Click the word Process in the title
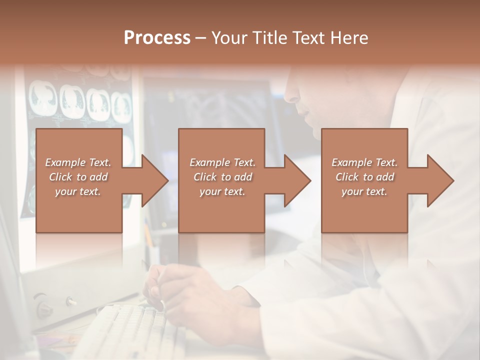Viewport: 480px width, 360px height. point(157,38)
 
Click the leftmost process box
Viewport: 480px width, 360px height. point(79,180)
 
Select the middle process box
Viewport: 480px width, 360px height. point(221,180)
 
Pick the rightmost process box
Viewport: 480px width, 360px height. point(364,180)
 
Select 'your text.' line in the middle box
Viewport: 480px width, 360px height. point(222,191)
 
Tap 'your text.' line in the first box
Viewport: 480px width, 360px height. point(77,191)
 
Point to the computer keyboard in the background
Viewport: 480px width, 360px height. point(125,327)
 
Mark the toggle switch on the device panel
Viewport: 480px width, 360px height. point(71,301)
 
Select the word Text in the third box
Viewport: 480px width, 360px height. point(386,162)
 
